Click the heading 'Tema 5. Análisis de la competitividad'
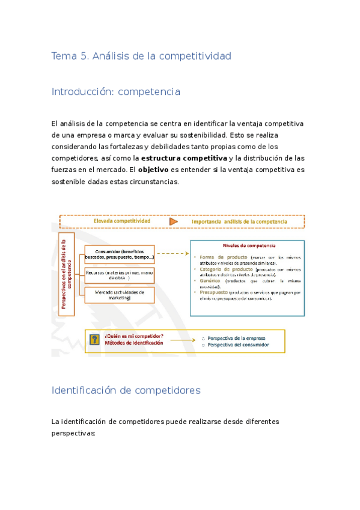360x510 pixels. (141, 56)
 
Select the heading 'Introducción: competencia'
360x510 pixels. (116, 91)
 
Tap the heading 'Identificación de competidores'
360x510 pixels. (126, 390)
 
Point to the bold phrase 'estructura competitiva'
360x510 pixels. (184, 158)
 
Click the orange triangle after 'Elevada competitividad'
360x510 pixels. (174, 221)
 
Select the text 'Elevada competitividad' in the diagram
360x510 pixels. (122, 221)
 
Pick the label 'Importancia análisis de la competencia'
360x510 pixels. (239, 221)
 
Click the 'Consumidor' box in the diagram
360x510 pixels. (120, 254)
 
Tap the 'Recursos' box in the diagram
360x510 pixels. (120, 275)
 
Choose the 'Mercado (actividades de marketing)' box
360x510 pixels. (120, 295)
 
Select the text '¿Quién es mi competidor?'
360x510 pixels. (133, 336)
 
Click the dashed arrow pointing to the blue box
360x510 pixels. (171, 254)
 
